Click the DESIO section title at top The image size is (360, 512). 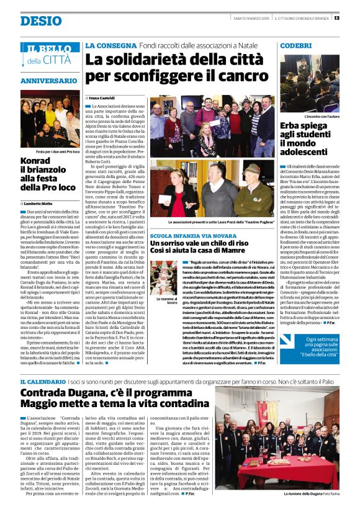41,20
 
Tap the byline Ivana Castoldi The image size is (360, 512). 106,97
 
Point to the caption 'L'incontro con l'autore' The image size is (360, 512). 315,116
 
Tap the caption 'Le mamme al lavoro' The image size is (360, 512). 161,301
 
